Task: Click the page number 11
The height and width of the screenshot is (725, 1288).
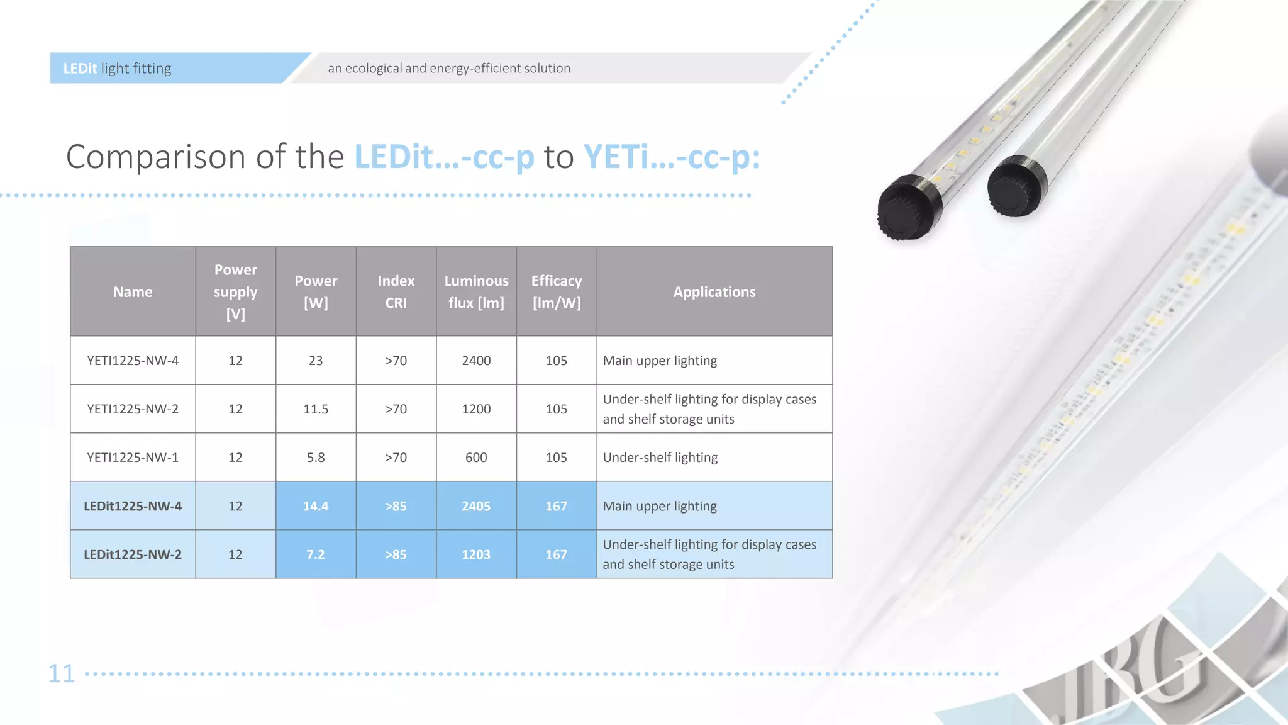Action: (62, 673)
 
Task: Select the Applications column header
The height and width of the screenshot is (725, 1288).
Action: (714, 292)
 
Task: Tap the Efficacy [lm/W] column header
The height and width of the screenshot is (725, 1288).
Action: (557, 292)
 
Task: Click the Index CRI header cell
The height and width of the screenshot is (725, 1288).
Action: (396, 292)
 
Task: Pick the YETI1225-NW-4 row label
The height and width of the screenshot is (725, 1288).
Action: (133, 361)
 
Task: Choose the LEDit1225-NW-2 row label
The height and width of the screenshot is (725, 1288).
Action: (133, 554)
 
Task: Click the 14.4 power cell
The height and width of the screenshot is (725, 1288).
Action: (316, 506)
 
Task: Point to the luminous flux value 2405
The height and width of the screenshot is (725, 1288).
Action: (476, 506)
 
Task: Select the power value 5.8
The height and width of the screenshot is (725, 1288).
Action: (316, 458)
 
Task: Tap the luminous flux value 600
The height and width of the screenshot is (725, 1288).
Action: (476, 458)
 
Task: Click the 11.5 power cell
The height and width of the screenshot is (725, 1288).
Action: (316, 409)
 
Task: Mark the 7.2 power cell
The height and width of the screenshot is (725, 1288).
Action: (316, 554)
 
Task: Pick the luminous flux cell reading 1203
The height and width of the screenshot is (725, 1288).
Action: (476, 554)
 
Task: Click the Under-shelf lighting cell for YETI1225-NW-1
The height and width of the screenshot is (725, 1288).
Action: (660, 458)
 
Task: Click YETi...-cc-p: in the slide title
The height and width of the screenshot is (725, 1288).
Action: (672, 157)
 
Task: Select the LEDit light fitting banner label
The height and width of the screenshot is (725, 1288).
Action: (118, 68)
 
